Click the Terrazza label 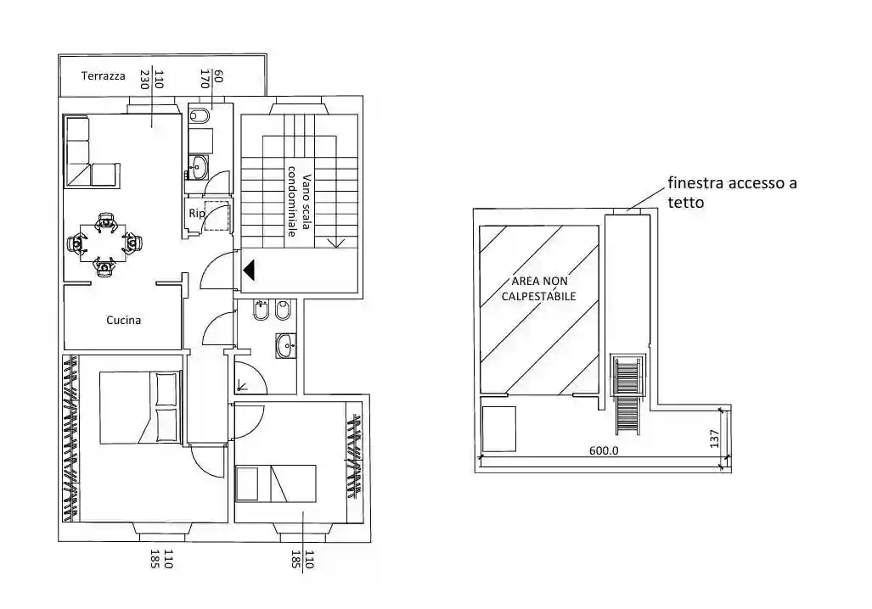tap(103, 76)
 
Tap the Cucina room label tap(123, 320)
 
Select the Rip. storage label tap(197, 214)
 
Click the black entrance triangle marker tap(249, 270)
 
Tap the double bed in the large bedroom tap(141, 408)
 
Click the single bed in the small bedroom tap(276, 483)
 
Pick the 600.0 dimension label tap(604, 450)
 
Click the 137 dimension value tap(715, 439)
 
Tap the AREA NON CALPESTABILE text tap(539, 288)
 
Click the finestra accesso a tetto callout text tap(732, 193)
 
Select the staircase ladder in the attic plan tap(627, 394)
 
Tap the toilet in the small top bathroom tap(200, 115)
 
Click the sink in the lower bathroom tap(286, 345)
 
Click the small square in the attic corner tap(499, 429)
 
